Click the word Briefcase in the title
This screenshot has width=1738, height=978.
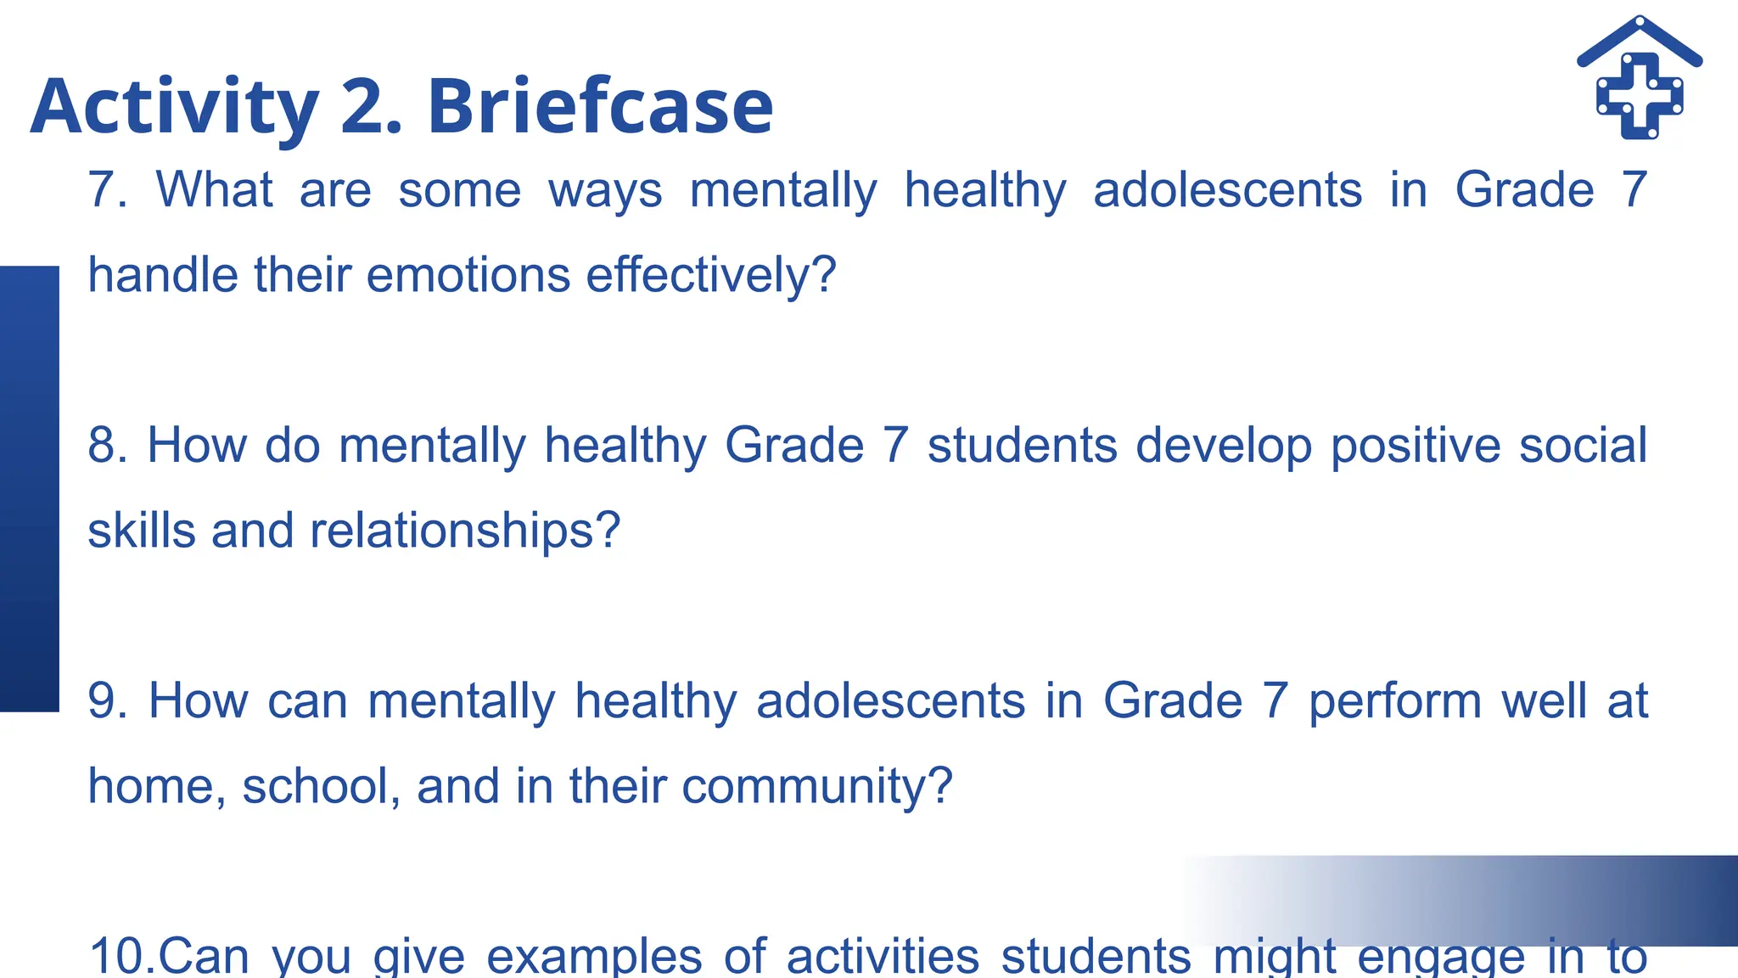point(600,107)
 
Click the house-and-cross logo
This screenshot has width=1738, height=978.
point(1640,78)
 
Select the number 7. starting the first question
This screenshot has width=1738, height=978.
point(108,189)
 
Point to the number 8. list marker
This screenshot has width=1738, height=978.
point(108,445)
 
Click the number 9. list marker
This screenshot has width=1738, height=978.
point(108,701)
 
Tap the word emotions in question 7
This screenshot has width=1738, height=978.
point(468,275)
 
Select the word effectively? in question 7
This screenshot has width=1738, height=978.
point(711,275)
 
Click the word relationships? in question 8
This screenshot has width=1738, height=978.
point(465,531)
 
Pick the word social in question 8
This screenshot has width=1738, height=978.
point(1583,445)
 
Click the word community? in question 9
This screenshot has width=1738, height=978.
point(817,787)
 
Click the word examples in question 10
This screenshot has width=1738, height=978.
point(594,958)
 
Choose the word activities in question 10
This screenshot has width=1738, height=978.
point(883,956)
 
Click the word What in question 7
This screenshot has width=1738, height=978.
point(215,189)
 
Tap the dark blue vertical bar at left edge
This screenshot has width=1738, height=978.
point(30,488)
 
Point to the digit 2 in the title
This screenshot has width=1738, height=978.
point(364,107)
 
